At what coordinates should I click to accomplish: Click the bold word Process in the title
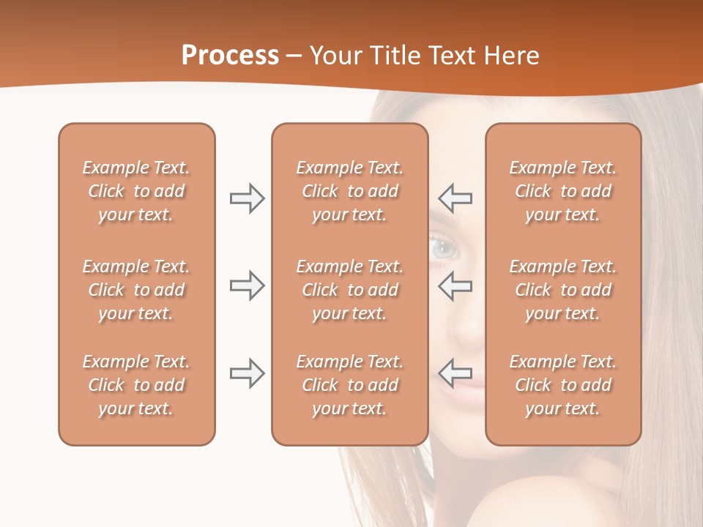(x=230, y=56)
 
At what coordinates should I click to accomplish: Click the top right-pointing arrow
(x=247, y=198)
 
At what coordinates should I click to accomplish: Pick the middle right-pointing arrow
(x=247, y=285)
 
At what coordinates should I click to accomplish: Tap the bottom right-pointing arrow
(x=247, y=373)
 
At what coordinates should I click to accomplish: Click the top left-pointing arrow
(x=455, y=198)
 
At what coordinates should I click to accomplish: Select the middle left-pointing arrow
(x=455, y=285)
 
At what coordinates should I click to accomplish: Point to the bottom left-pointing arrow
(x=455, y=373)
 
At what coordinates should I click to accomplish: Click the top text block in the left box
(x=136, y=191)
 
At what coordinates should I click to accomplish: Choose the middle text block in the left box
(x=136, y=290)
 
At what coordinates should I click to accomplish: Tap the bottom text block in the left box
(x=136, y=385)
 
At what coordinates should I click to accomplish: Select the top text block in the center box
(x=349, y=191)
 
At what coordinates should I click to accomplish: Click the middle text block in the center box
(x=349, y=290)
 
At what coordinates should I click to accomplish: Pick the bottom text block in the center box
(x=349, y=385)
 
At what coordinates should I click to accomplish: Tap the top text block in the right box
(x=563, y=191)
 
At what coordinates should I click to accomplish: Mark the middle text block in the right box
(x=563, y=290)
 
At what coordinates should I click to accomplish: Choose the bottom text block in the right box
(x=563, y=385)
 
